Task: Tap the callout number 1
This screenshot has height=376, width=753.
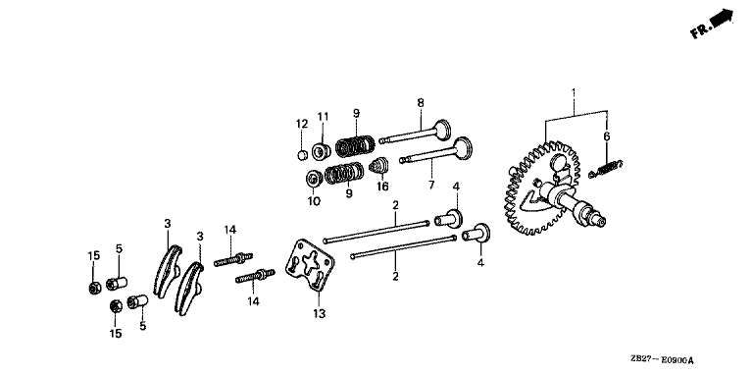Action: [573, 91]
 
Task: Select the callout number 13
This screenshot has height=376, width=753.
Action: [320, 314]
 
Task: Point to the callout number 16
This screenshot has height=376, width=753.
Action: [382, 187]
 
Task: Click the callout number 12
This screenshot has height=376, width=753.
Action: [302, 124]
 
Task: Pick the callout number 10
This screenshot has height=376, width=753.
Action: [314, 201]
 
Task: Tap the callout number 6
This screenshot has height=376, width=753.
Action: [607, 136]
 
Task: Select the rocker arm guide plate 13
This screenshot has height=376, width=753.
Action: [310, 265]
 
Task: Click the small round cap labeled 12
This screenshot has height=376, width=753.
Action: [302, 155]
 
